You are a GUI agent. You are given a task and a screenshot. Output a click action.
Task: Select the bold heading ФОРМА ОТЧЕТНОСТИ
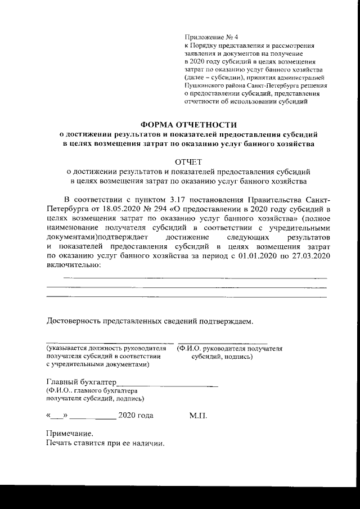coord(189,124)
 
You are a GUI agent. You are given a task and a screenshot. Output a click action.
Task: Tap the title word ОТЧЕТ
coord(189,162)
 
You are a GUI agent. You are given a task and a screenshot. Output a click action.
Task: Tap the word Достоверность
coord(73,322)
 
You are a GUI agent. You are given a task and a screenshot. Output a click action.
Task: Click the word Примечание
coord(69,434)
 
